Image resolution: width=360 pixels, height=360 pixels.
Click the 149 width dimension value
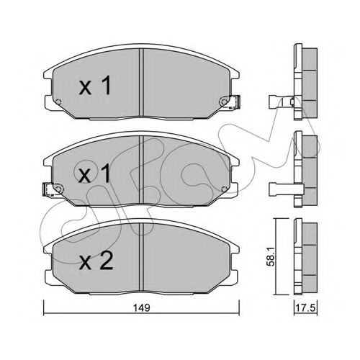(142, 307)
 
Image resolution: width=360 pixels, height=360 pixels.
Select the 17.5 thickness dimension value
(306, 308)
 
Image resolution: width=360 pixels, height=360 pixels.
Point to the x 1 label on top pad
(95, 85)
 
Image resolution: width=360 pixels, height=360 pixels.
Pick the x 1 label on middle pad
(95, 174)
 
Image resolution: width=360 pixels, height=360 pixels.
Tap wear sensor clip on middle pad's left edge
(48, 189)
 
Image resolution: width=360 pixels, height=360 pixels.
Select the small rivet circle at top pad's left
(58, 102)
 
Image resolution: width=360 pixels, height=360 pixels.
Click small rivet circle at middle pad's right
(225, 189)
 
